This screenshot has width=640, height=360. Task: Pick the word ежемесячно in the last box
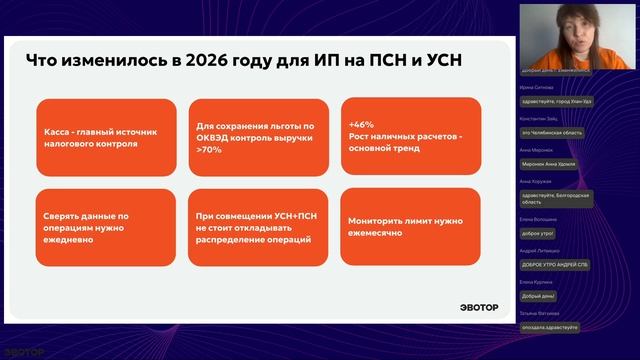(x=375, y=233)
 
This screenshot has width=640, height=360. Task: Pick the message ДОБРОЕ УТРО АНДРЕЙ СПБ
(x=554, y=265)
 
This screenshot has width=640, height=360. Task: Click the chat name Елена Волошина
(x=539, y=218)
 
